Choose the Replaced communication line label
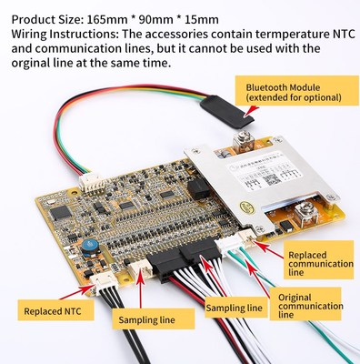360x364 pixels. tap(318, 263)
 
